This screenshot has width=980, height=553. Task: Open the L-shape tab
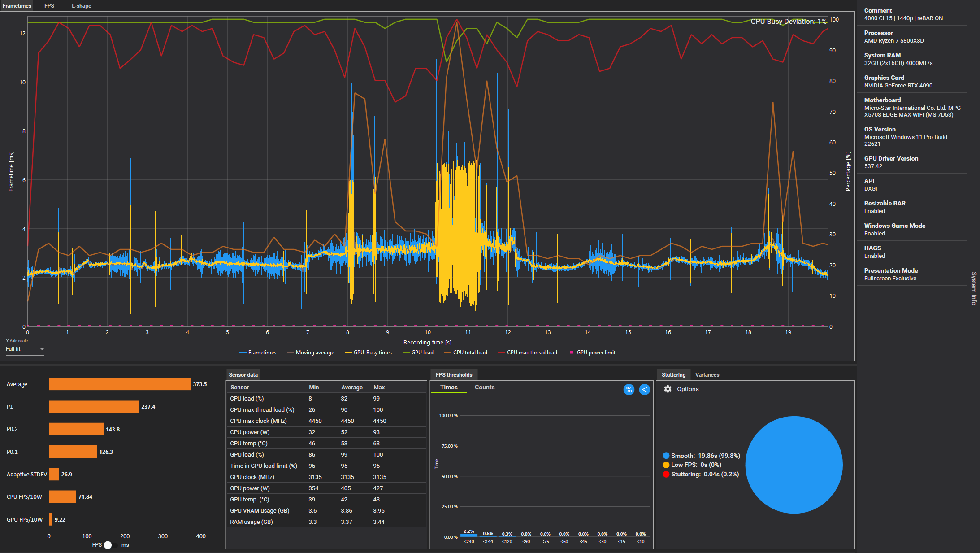[x=81, y=6]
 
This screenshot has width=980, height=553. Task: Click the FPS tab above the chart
[x=49, y=6]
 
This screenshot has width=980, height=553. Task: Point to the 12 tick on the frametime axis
[x=22, y=33]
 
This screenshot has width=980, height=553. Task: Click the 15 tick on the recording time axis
[x=628, y=332]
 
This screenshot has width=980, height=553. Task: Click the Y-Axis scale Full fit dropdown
[x=25, y=349]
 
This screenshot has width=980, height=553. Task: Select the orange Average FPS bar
[x=120, y=384]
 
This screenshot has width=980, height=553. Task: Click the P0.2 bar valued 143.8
[x=76, y=429]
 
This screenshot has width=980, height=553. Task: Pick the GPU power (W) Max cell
[x=376, y=488]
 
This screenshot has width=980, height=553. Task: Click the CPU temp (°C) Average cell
[x=344, y=443]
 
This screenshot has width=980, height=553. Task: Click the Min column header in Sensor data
[x=314, y=387]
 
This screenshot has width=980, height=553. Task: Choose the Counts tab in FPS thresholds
[x=485, y=387]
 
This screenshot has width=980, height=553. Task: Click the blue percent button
[x=629, y=389]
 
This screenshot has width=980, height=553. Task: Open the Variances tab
[x=707, y=375]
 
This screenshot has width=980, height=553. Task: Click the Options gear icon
[x=668, y=389]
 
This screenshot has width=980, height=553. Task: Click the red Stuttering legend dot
[x=666, y=474]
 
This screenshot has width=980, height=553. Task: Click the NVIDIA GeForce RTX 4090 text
[x=898, y=86]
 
